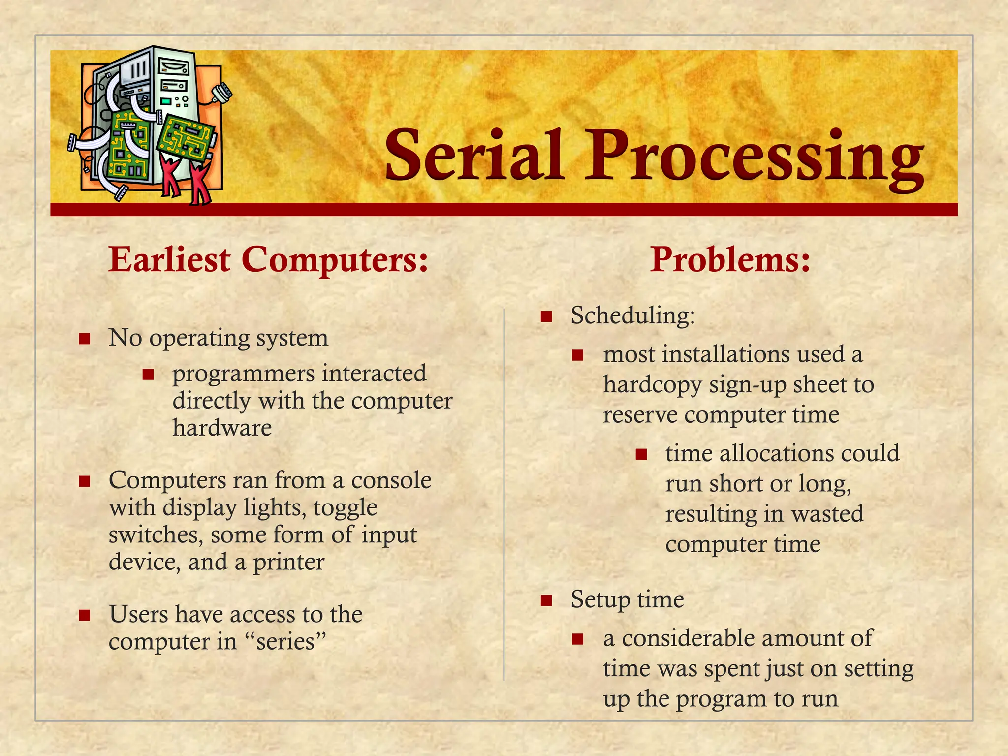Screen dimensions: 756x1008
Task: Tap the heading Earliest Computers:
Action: click(x=268, y=259)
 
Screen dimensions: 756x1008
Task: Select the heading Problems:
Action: click(x=730, y=259)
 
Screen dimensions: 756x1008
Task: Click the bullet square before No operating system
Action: click(x=85, y=339)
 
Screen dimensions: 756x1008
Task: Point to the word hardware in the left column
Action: click(x=222, y=427)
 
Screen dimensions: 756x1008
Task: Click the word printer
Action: click(x=288, y=562)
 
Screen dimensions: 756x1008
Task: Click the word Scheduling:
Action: click(x=632, y=315)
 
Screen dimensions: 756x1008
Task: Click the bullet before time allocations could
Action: click(x=641, y=454)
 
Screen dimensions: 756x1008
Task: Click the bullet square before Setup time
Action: click(x=546, y=600)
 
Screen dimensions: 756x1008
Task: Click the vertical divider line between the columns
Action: click(x=504, y=492)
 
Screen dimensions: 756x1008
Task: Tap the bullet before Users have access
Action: click(x=85, y=615)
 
